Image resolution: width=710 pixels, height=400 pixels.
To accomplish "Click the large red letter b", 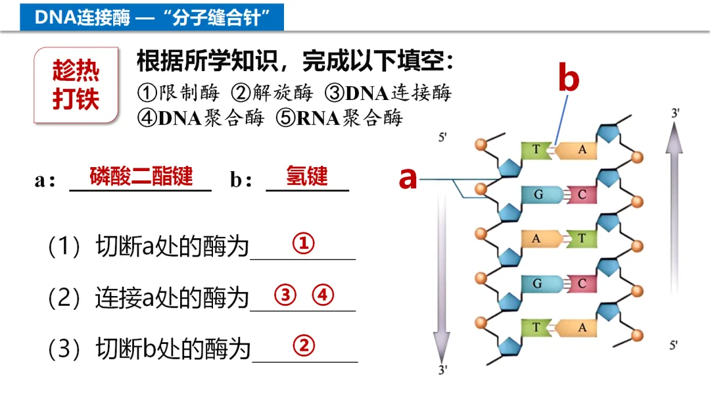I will click(569, 79).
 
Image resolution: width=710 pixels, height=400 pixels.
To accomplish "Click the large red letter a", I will click(408, 178).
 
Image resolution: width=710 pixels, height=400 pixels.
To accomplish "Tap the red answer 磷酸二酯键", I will click(141, 176).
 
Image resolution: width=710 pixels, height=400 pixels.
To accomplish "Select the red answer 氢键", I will click(306, 176).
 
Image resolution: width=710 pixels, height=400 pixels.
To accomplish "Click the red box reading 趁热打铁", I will click(76, 86).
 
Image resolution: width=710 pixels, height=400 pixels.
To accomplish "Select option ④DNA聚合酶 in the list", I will click(201, 118).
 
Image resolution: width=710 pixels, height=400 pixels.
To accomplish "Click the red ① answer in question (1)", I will click(303, 244).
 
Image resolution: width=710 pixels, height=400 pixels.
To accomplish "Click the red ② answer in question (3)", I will click(304, 345).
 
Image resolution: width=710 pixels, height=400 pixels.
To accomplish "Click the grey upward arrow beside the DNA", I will click(674, 211).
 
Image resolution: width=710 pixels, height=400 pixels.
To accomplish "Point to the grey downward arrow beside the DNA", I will click(442, 276).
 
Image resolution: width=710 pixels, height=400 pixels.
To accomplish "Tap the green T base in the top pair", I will click(536, 150).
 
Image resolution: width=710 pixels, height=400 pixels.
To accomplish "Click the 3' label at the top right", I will click(675, 113).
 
